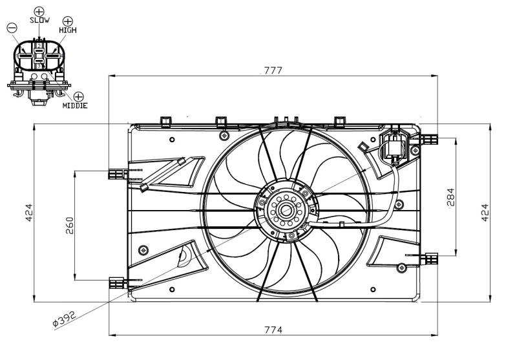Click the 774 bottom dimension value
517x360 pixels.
(x=273, y=330)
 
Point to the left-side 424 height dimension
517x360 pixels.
(x=29, y=212)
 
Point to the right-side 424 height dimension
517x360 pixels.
(x=484, y=212)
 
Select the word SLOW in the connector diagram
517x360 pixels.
(x=39, y=21)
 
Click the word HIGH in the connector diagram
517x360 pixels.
(x=67, y=30)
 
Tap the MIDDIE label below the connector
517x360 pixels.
(x=75, y=105)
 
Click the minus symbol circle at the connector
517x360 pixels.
(x=12, y=28)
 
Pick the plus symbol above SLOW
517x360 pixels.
(x=39, y=11)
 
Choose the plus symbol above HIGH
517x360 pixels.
(x=67, y=21)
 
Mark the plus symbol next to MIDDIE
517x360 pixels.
(x=79, y=96)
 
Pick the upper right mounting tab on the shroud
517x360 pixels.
(x=431, y=138)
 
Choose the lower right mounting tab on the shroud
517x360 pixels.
(x=430, y=259)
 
